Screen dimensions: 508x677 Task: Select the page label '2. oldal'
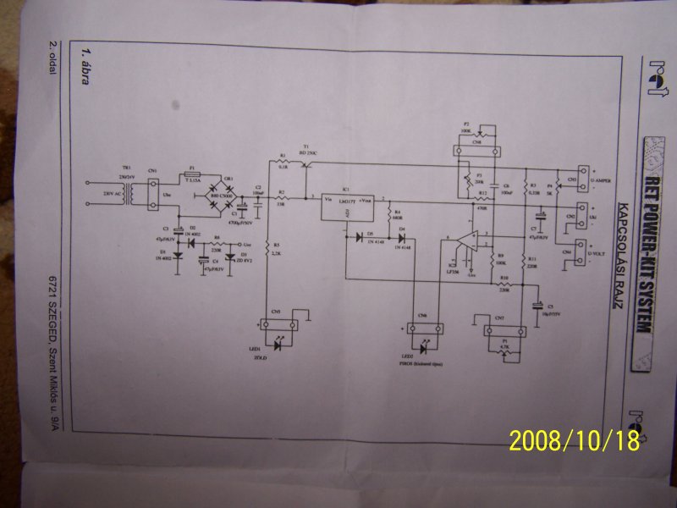click(52, 58)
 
